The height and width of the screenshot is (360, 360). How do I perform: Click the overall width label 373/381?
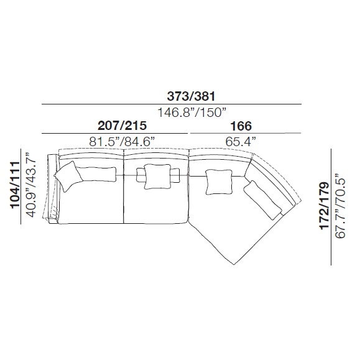click(191, 96)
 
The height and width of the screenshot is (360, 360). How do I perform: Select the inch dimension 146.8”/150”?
click(192, 113)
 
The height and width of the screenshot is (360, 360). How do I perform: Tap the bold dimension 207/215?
click(122, 126)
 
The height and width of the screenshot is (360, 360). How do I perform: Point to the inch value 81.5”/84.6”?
click(122, 142)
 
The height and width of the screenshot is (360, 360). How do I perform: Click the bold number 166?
click(241, 126)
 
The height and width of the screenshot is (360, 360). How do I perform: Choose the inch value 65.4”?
click(241, 142)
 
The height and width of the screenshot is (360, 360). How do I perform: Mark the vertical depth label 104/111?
click(16, 185)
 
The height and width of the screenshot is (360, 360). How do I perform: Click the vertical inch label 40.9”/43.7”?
click(31, 185)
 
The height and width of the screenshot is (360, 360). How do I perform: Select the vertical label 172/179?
click(325, 206)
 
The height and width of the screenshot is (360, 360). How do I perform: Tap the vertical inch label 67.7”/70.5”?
click(340, 205)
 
